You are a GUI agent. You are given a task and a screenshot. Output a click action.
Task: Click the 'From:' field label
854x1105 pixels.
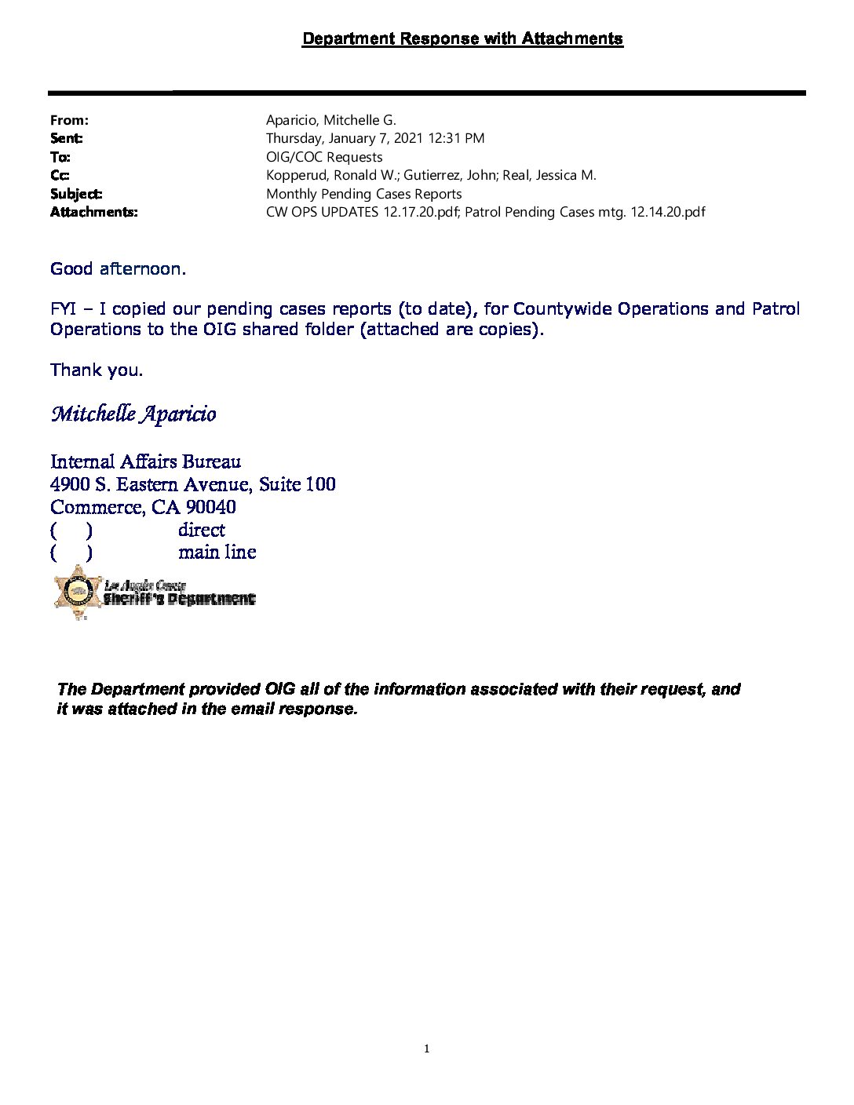(69, 120)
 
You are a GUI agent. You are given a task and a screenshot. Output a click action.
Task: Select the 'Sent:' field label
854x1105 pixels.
(67, 138)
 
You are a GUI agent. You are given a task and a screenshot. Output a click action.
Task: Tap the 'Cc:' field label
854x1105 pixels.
(60, 175)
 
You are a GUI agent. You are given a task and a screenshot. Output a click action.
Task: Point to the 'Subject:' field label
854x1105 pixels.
(76, 194)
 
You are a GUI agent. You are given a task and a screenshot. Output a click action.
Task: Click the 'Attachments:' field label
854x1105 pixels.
(93, 212)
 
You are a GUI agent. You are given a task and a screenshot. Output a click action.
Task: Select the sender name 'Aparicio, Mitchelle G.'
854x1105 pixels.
(331, 120)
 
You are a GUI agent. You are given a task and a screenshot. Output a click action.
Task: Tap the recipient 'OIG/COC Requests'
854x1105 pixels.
(324, 157)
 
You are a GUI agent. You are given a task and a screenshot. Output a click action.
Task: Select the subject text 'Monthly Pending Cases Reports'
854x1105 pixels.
(363, 194)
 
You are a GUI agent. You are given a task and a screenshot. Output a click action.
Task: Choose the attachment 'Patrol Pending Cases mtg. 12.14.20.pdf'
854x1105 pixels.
(585, 212)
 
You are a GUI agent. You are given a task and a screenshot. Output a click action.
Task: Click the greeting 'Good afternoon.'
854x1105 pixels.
(118, 269)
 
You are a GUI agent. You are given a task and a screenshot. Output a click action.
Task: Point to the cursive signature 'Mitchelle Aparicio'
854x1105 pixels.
(133, 414)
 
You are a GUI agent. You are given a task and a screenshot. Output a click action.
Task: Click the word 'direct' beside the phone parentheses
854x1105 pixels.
(202, 530)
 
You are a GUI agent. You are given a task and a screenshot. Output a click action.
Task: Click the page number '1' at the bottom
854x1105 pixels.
(427, 1048)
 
